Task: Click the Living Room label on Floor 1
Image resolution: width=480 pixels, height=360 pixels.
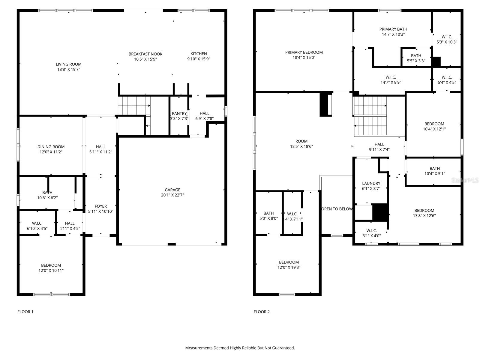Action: [68, 64]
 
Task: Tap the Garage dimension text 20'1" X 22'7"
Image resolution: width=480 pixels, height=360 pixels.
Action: [172, 195]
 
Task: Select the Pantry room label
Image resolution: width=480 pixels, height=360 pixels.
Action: [179, 113]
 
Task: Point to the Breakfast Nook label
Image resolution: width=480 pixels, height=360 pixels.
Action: [145, 54]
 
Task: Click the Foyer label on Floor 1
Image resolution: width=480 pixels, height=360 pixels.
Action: [100, 206]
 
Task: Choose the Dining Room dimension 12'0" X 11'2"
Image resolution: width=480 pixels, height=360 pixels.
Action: [51, 152]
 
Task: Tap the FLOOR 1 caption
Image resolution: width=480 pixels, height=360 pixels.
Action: [25, 312]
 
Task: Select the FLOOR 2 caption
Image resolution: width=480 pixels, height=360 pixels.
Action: [262, 312]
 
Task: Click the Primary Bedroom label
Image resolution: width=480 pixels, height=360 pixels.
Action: [304, 52]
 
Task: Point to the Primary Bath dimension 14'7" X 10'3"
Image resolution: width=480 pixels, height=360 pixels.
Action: [393, 34]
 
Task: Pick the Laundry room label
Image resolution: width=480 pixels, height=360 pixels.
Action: [371, 183]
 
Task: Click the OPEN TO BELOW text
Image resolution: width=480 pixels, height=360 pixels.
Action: [337, 209]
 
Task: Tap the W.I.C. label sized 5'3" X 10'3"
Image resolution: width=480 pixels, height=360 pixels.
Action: [446, 37]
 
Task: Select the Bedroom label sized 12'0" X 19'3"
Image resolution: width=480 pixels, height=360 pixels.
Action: [289, 262]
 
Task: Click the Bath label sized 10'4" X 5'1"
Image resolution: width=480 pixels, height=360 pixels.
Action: [434, 169]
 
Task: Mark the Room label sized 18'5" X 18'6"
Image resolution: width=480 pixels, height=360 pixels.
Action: [301, 141]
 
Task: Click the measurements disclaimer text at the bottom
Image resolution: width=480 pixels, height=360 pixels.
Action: [240, 348]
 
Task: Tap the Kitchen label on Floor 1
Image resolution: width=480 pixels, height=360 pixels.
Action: [199, 54]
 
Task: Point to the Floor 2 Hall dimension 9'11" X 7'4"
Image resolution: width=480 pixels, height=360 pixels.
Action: [379, 149]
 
